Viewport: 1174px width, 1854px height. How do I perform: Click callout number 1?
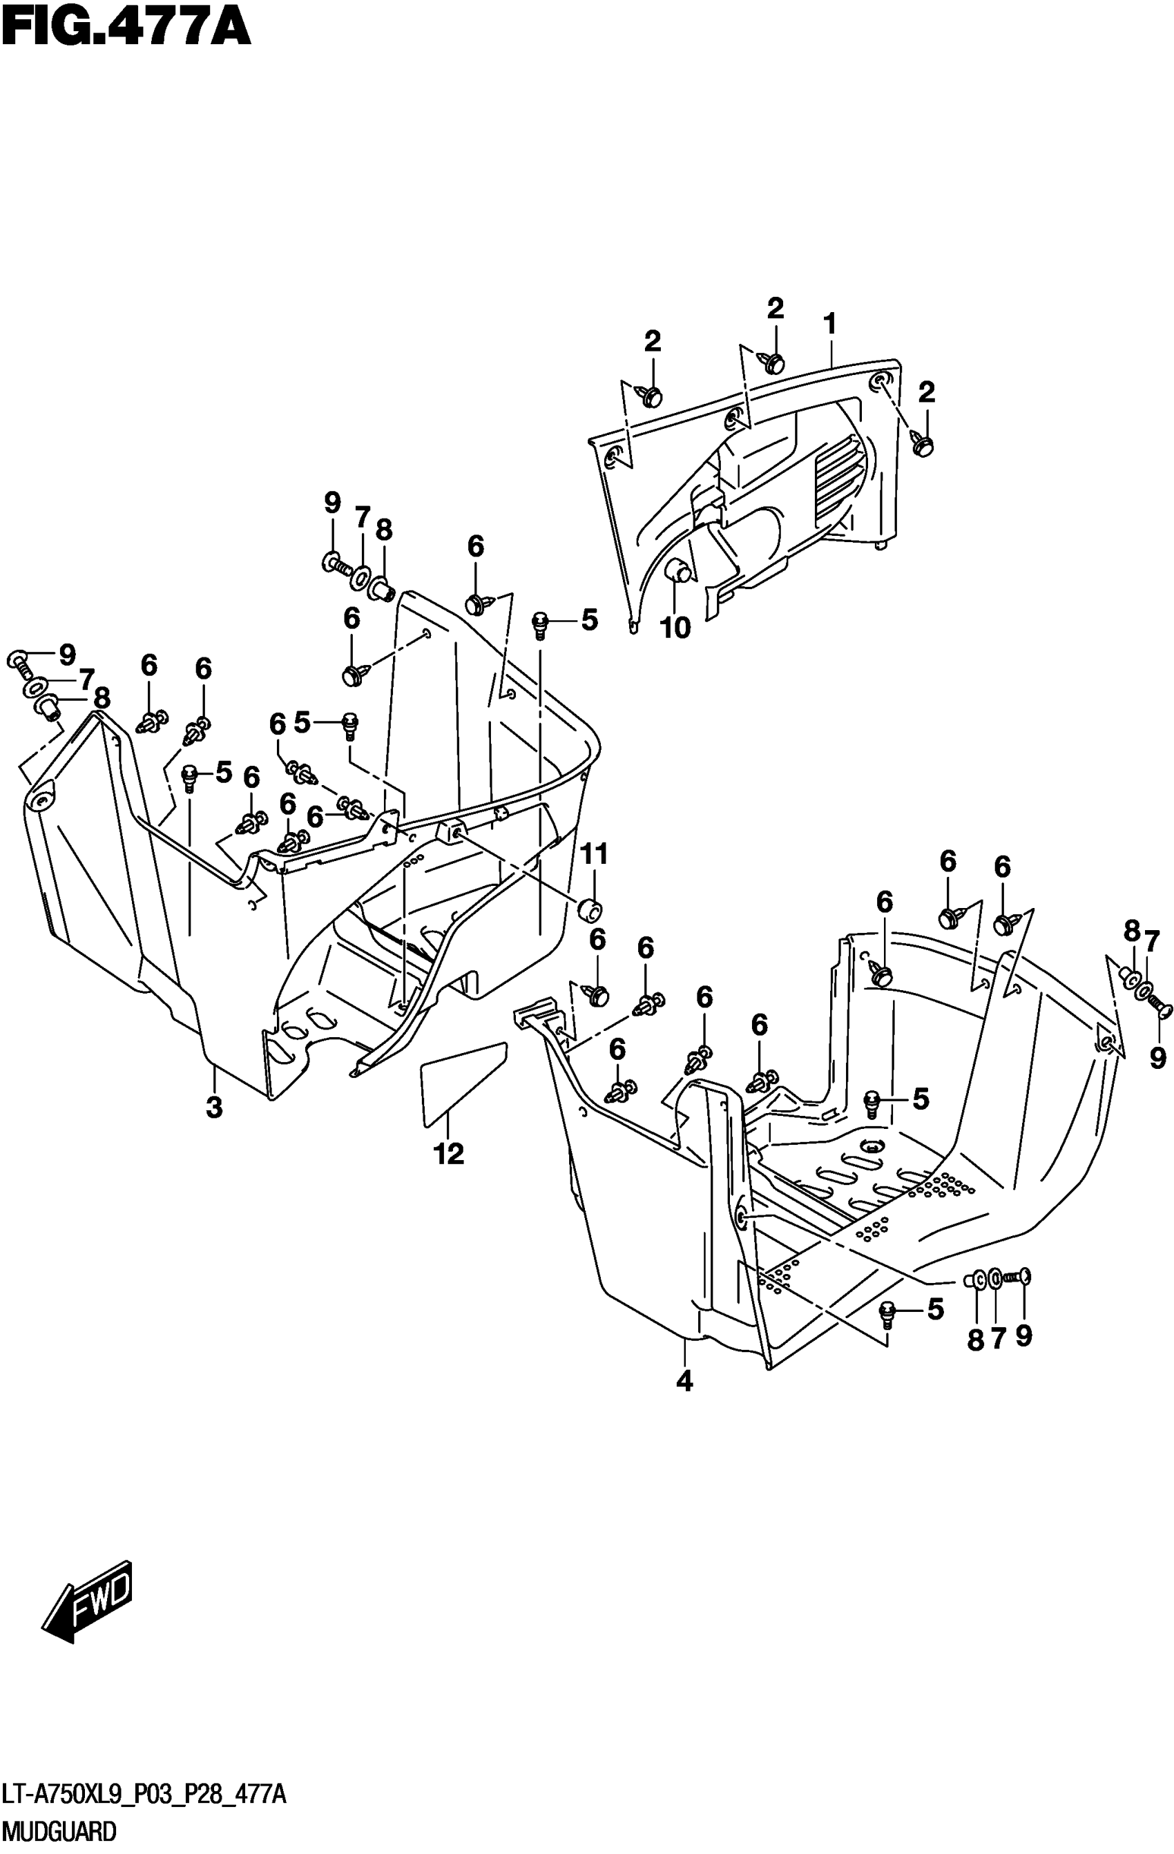(x=829, y=324)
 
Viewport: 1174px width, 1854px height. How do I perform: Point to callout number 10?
(x=675, y=628)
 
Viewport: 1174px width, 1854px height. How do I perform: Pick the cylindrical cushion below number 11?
(x=590, y=909)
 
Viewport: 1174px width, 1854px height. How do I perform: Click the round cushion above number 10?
(x=677, y=570)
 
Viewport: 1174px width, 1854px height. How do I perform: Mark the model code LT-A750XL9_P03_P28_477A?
(x=144, y=1795)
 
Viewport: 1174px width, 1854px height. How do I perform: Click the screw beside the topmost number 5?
(x=541, y=623)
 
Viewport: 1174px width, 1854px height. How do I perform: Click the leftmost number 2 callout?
(x=652, y=341)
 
